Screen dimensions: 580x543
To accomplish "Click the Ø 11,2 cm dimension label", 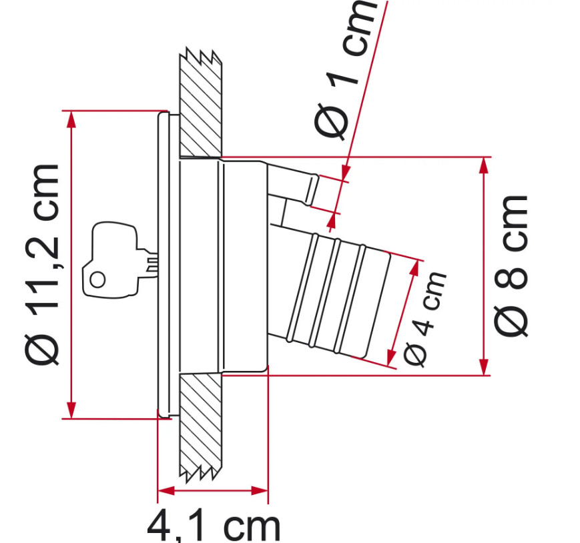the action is click(x=42, y=265).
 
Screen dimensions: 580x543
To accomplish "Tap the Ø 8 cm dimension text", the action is click(x=511, y=265).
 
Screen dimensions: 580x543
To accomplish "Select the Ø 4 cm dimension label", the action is click(x=424, y=319).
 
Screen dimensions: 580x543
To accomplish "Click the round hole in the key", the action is click(x=98, y=280).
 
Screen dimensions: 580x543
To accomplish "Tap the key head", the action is click(x=110, y=259).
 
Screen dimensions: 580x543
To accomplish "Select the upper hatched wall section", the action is click(x=201, y=103).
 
